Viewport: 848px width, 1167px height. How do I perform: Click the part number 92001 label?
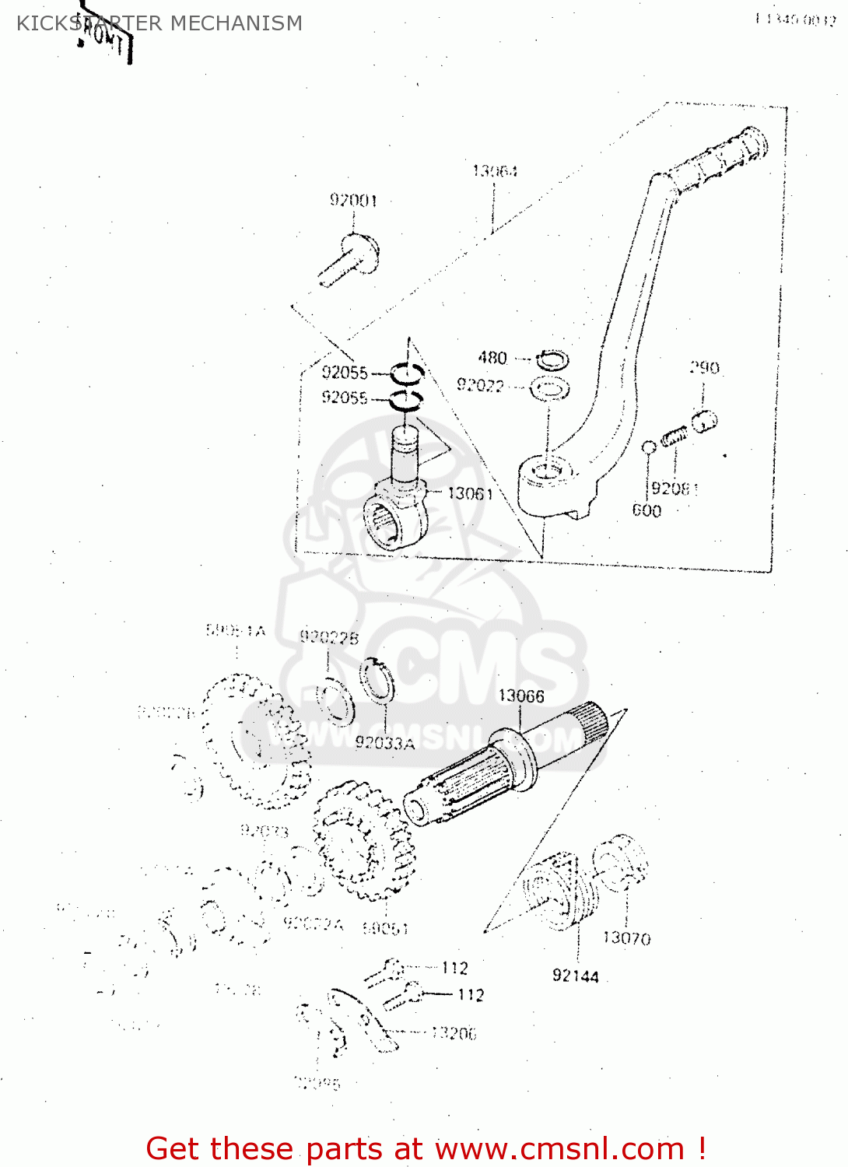pyautogui.click(x=353, y=200)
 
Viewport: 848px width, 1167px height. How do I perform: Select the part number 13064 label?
pyautogui.click(x=495, y=170)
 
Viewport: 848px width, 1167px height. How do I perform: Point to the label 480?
pyautogui.click(x=492, y=358)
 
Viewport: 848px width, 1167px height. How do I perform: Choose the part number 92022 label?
pyautogui.click(x=480, y=385)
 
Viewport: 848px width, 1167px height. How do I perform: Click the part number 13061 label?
pyautogui.click(x=470, y=493)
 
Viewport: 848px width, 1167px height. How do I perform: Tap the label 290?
pyautogui.click(x=704, y=367)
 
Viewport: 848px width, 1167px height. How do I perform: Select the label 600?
pyautogui.click(x=647, y=510)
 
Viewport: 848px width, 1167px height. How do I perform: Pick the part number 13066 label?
pyautogui.click(x=521, y=696)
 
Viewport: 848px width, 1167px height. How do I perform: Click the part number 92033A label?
pyautogui.click(x=385, y=743)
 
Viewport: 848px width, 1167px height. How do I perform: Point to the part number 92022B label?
pyautogui.click(x=329, y=638)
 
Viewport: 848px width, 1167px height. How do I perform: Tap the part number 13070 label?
pyautogui.click(x=626, y=938)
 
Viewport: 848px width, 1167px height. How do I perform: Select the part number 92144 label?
pyautogui.click(x=576, y=976)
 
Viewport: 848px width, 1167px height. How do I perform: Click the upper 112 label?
pyautogui.click(x=455, y=968)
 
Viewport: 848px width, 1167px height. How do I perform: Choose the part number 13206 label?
pyautogui.click(x=454, y=1033)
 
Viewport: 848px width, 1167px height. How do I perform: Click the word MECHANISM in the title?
pyautogui.click(x=236, y=23)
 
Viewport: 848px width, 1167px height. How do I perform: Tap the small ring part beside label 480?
pyautogui.click(x=553, y=360)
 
